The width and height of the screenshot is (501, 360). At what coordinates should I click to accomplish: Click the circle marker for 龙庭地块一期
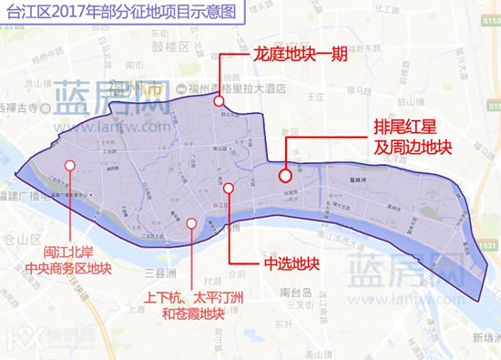pos(219,101)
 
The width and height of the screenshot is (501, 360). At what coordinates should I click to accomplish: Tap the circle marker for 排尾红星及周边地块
pos(285,176)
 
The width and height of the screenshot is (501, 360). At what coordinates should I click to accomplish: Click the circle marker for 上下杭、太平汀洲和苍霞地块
pos(190,222)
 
